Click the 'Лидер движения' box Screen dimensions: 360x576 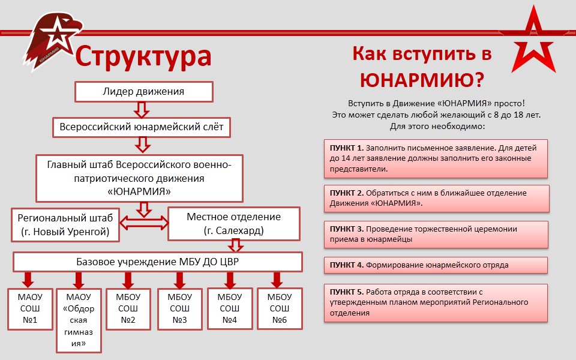[143, 92]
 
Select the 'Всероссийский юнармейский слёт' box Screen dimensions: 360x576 [142, 127]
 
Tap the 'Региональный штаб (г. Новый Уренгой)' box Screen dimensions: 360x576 [65, 224]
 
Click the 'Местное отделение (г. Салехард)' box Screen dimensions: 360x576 [233, 224]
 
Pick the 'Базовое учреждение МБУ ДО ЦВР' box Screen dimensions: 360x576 [158, 262]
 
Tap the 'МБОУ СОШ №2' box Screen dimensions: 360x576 [128, 308]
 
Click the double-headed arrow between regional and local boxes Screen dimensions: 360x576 [144, 223]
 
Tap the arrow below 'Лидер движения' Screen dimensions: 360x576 [142, 109]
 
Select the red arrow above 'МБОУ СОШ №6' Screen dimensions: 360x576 [277, 280]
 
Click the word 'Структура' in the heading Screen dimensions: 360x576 [143, 56]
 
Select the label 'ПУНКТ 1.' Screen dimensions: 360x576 [347, 148]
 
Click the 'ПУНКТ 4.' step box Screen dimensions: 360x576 [436, 265]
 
